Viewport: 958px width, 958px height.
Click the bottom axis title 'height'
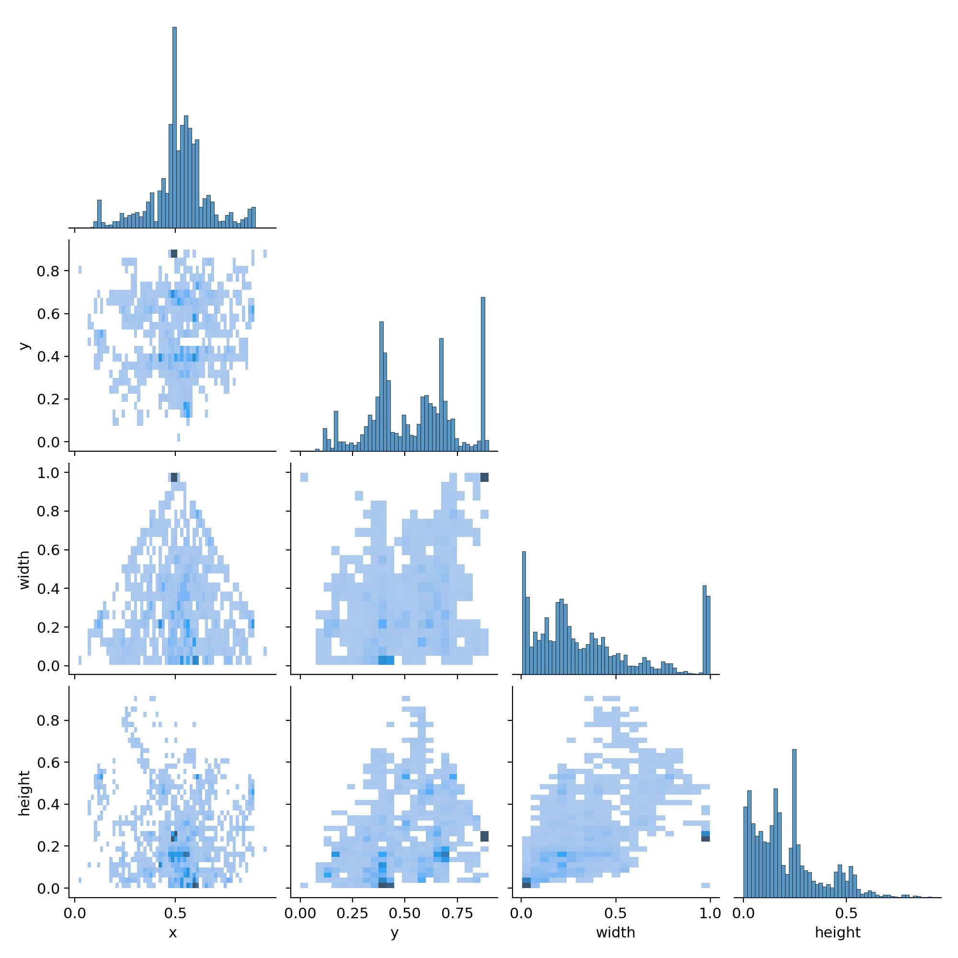[837, 933]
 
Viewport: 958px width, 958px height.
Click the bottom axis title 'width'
[616, 933]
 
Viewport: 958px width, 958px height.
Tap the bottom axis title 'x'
[172, 933]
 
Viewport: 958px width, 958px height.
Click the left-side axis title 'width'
[24, 570]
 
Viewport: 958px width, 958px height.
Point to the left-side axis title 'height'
[24, 793]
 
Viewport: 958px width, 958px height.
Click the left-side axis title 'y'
[23, 346]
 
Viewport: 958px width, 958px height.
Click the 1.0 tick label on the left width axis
[48, 473]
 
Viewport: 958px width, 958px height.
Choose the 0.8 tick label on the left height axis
[48, 720]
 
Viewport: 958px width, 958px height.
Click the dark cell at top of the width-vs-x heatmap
[174, 477]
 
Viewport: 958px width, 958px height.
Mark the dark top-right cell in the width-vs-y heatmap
[484, 477]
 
